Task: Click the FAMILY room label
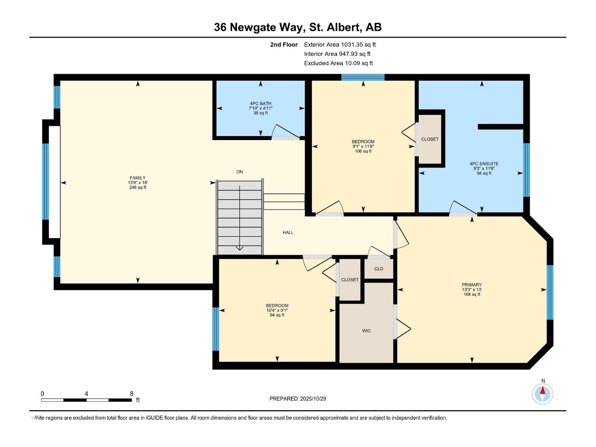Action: pyautogui.click(x=137, y=178)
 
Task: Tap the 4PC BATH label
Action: pyautogui.click(x=260, y=104)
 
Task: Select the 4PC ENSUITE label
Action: pyautogui.click(x=484, y=164)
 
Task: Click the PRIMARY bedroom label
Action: pyautogui.click(x=472, y=285)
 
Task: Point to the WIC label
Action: pyautogui.click(x=366, y=331)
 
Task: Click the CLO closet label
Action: pyautogui.click(x=378, y=269)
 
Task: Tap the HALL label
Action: pyautogui.click(x=288, y=232)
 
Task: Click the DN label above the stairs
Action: pyautogui.click(x=240, y=172)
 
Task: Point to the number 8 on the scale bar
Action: pyautogui.click(x=131, y=394)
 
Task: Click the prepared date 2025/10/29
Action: pyautogui.click(x=313, y=399)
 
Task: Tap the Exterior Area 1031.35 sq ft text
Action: pyautogui.click(x=340, y=45)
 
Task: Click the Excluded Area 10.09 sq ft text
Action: pyautogui.click(x=338, y=63)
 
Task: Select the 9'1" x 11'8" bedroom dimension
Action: pyautogui.click(x=363, y=146)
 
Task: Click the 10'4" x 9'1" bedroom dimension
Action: pyautogui.click(x=277, y=310)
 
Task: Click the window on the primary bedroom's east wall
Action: pyautogui.click(x=550, y=292)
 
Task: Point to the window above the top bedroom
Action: pyautogui.click(x=363, y=77)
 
